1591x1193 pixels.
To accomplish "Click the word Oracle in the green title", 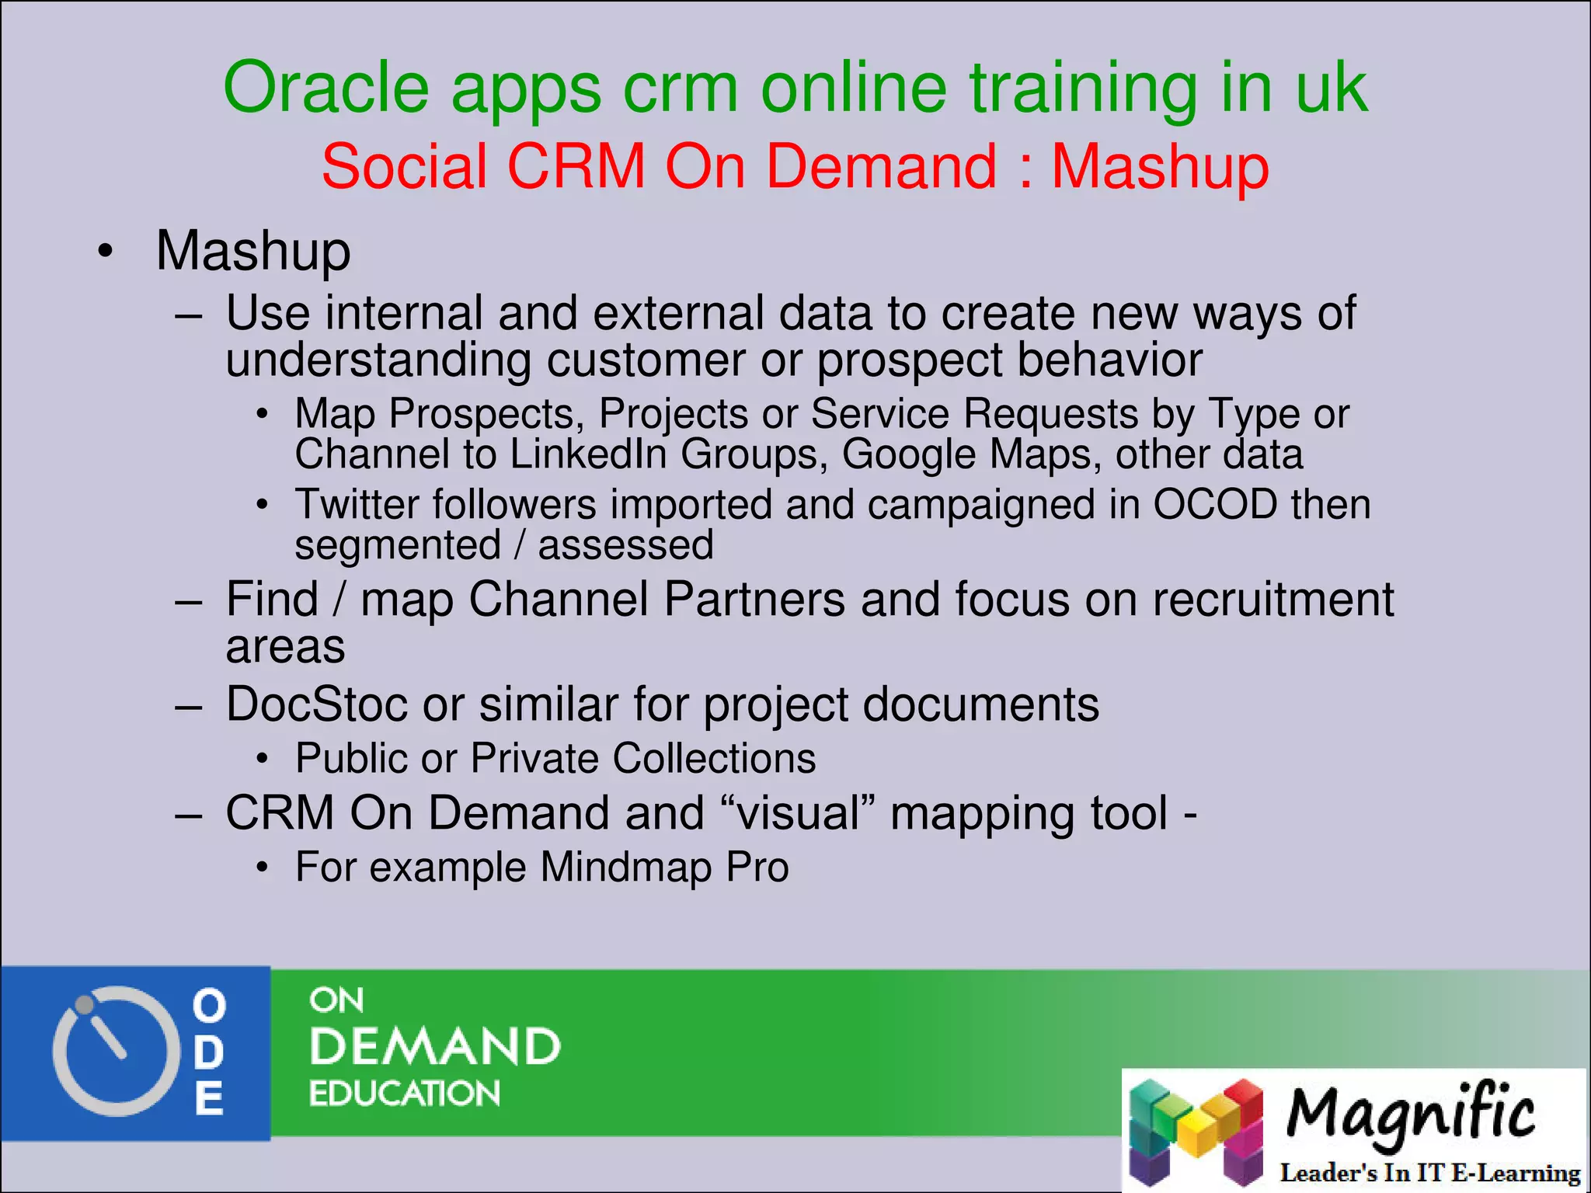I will pos(326,88).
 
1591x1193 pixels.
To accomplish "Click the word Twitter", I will pos(357,505).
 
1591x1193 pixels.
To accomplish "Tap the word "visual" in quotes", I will pos(799,814).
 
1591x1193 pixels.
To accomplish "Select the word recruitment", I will pos(1272,600).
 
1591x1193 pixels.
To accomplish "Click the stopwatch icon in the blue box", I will pos(111,1051).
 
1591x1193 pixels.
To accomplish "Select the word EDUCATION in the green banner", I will pos(404,1094).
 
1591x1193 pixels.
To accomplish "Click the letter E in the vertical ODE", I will pos(209,1098).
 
